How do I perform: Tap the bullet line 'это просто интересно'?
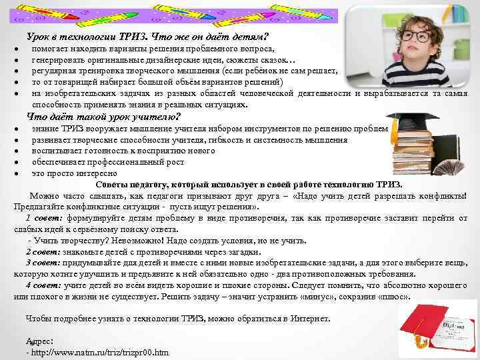coord(73,173)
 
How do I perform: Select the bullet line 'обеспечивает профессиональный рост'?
coord(101,163)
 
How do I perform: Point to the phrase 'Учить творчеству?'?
coord(66,240)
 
